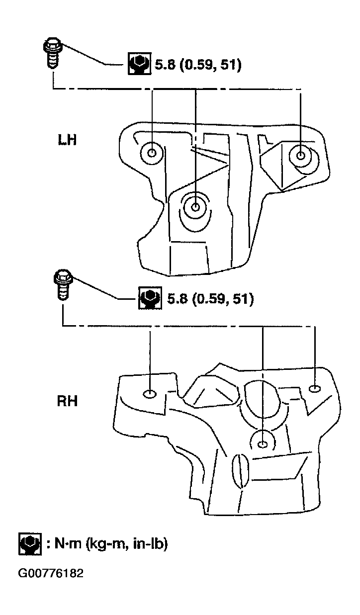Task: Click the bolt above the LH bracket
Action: coord(53,53)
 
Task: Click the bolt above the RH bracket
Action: coord(63,285)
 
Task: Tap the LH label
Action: coord(67,140)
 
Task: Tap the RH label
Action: coord(67,401)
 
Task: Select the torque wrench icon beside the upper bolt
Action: coord(140,64)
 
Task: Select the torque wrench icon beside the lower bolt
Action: coord(150,298)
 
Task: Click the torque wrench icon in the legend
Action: coord(30,544)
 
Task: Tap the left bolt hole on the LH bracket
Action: coord(152,153)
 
